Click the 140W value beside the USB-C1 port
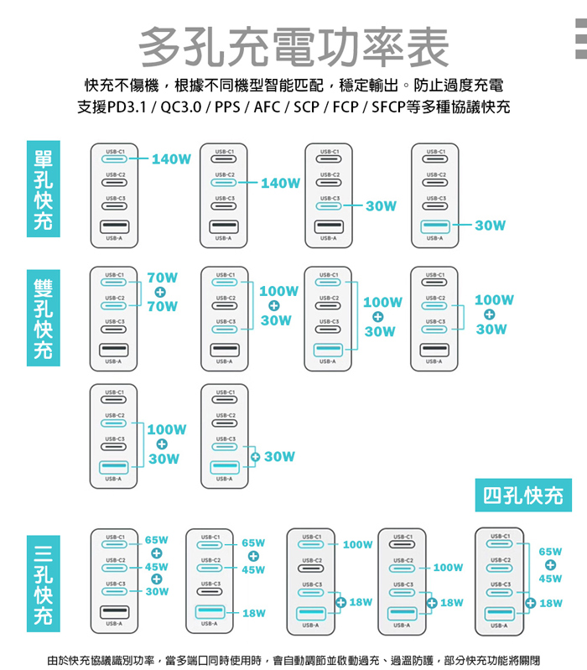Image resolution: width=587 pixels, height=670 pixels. pos(171,158)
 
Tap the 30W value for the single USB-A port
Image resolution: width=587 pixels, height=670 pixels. pos(490,226)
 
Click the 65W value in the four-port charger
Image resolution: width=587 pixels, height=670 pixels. pos(550,552)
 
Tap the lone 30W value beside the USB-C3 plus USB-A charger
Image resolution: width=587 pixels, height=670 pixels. pos(279,456)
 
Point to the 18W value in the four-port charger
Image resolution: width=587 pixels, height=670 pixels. pos(550,603)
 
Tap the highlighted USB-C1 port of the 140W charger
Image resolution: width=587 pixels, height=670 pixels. pos(113,158)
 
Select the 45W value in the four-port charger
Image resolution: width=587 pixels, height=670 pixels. pos(550,579)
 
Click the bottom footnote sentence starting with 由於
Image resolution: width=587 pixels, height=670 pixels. pos(293,658)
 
